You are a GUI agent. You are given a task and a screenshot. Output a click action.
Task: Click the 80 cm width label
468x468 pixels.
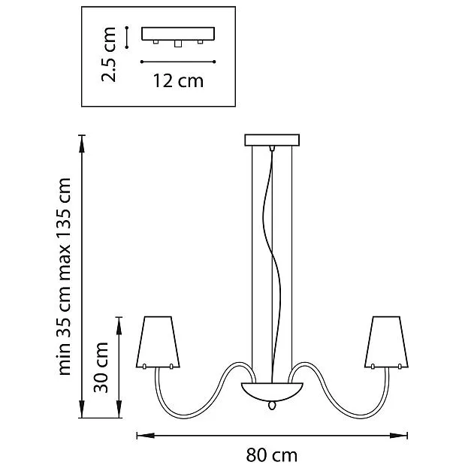coord(272,455)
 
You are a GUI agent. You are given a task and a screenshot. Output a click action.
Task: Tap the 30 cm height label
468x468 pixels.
coord(101,367)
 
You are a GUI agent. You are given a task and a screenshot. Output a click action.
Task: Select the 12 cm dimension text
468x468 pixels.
coord(178,80)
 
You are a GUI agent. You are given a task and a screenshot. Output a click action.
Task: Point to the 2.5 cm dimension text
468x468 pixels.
coord(108,54)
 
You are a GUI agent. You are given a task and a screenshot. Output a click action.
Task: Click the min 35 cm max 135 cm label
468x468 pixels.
coord(64,276)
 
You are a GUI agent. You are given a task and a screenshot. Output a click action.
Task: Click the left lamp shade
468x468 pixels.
coord(158,342)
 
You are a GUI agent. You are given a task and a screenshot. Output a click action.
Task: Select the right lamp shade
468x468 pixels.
coord(386,342)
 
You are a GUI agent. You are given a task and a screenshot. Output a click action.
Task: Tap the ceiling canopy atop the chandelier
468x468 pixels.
coord(272,140)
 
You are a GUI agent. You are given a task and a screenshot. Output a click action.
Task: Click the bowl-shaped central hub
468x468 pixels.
coord(272,391)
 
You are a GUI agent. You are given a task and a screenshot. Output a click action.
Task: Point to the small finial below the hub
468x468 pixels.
coord(272,406)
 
